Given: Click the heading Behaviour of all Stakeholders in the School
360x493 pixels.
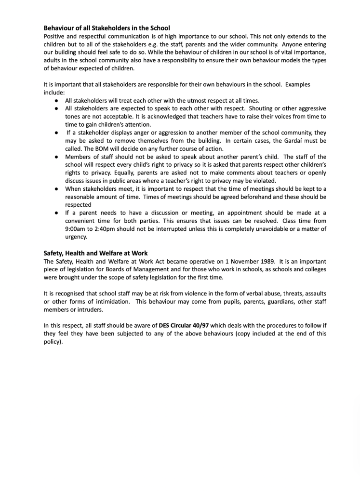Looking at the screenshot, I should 107,28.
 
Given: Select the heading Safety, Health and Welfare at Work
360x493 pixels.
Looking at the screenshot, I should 95,253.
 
